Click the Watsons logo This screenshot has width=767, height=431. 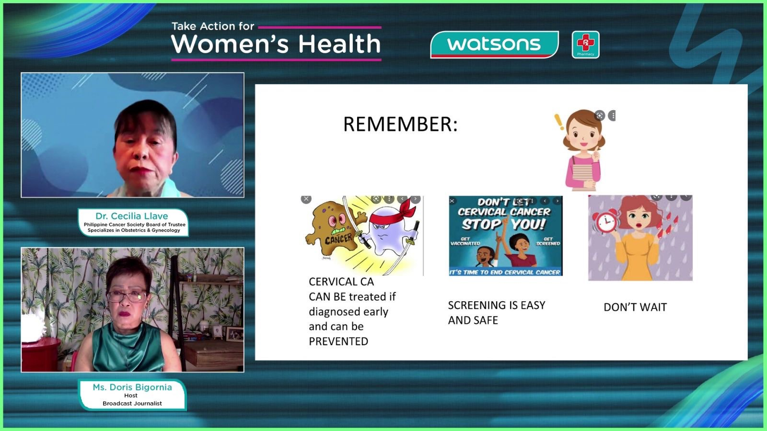pos(494,45)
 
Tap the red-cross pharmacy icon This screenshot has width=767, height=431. pos(585,45)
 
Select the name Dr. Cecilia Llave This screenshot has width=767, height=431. pos(132,216)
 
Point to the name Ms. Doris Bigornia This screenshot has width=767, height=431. pos(132,387)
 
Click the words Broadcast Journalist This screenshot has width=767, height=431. pos(132,403)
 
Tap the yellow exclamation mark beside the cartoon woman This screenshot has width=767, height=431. pos(559,122)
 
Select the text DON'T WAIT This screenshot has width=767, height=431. pos(635,307)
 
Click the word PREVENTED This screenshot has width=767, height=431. pos(338,341)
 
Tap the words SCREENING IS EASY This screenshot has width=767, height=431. pos(497,305)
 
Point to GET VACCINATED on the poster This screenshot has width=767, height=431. pos(465,241)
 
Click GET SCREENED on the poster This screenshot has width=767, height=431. pos(548,241)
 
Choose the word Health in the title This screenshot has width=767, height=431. pos(339,44)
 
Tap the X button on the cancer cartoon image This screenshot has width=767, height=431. pos(306,199)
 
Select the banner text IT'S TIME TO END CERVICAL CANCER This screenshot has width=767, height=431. pos(505,272)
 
